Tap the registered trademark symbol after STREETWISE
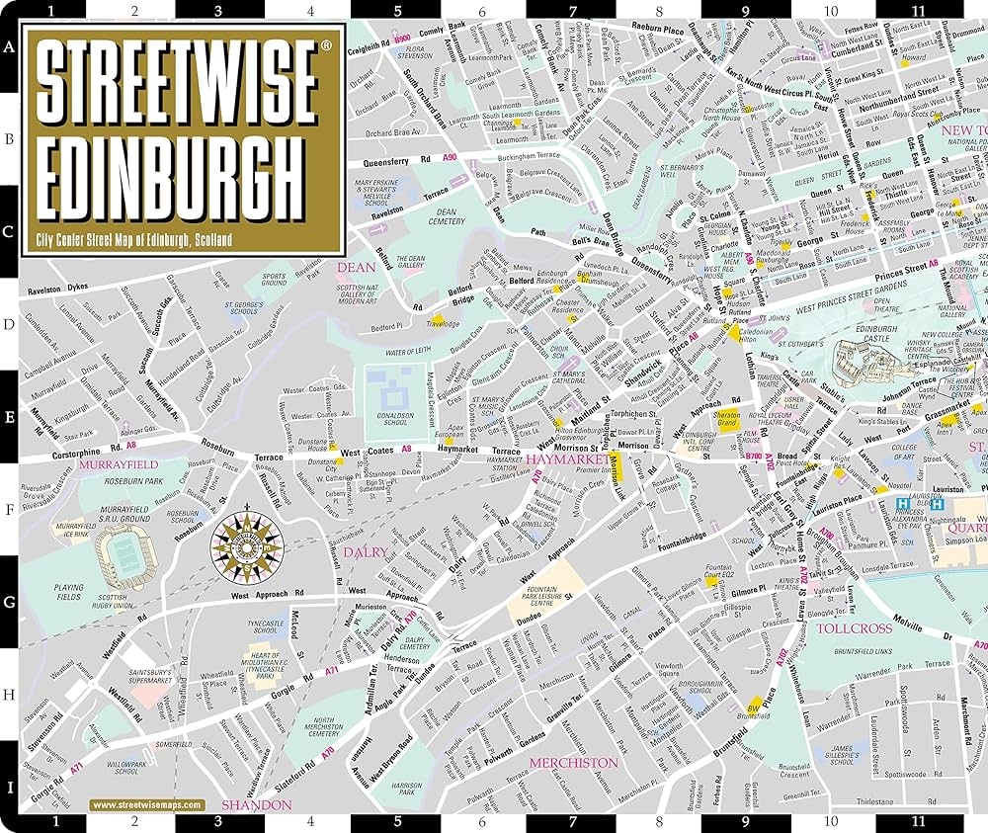327,45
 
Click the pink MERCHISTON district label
573,763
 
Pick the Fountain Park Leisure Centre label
547,593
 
